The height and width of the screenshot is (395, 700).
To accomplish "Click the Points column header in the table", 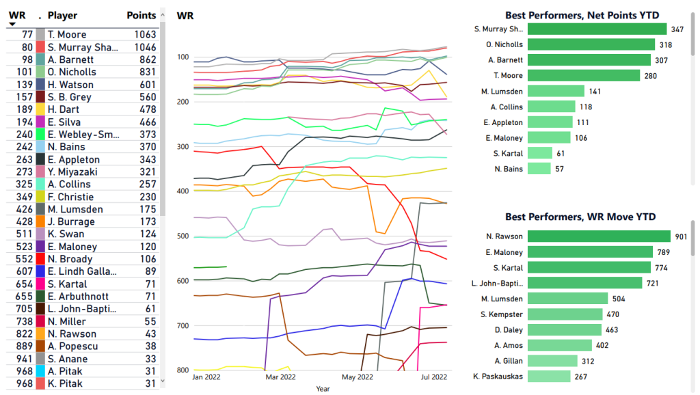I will [142, 15].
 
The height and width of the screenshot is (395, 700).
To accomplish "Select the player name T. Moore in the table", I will [67, 34].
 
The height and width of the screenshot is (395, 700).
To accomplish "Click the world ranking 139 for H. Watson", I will [25, 84].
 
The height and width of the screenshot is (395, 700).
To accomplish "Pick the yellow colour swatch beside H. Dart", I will [40, 109].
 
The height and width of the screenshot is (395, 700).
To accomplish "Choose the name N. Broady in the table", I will [70, 259].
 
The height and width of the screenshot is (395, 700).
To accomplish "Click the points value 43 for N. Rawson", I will [150, 333].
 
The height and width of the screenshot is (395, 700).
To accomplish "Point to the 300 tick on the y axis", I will [183, 146].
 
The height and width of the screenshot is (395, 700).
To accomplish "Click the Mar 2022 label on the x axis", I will [280, 377].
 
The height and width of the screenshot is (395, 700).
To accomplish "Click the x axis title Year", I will [323, 388].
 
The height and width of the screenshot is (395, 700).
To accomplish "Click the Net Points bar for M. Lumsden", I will [556, 91].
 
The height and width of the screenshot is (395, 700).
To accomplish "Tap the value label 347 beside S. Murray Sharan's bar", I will [677, 29].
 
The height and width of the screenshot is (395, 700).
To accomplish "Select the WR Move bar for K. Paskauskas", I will [549, 377].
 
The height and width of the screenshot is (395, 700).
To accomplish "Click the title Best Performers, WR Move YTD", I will [580, 217].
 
